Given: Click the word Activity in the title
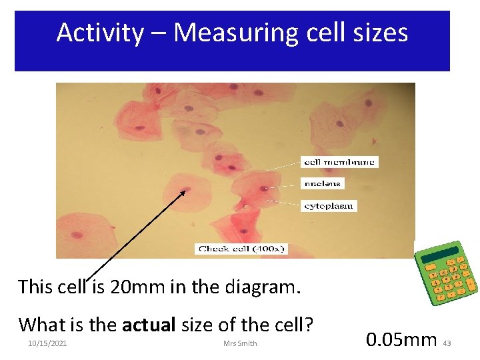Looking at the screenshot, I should point(99,33).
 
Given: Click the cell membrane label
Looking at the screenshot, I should point(340,162).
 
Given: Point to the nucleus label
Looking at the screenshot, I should point(323,184).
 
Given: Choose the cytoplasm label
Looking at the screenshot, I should point(329,206).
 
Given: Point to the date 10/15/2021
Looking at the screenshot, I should point(47,343).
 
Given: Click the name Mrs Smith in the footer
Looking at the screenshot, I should point(241,343).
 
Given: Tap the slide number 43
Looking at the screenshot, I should point(447,343).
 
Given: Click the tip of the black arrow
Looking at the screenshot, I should point(185,191).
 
